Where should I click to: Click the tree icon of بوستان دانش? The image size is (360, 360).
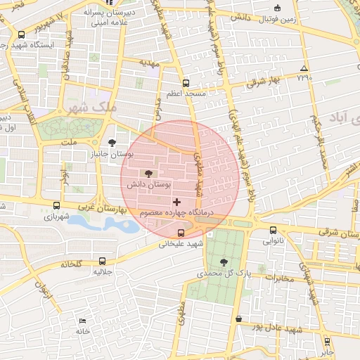coord(148,173)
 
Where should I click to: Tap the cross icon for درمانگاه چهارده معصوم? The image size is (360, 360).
coord(176,202)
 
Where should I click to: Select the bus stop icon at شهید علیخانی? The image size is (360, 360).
coord(181,233)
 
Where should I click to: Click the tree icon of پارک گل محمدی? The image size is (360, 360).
coord(224,262)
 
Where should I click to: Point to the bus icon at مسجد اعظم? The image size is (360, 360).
coord(186,82)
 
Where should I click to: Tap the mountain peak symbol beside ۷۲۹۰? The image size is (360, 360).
coord(304,68)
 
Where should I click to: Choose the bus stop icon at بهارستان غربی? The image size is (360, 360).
coord(56,205)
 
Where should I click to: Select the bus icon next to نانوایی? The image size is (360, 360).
coord(273,229)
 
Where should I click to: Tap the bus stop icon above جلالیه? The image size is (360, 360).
coord(103,260)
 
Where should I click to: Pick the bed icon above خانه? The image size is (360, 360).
coord(83,320)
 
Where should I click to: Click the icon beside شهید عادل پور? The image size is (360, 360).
coord(240,319)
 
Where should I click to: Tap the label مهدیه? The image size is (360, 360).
coord(150,63)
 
